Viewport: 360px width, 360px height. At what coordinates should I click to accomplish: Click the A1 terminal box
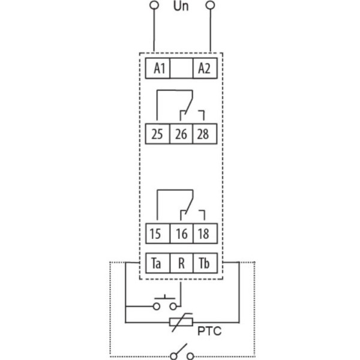159,68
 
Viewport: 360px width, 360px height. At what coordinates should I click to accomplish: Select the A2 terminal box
203,68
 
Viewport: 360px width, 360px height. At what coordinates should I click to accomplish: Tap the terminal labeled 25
158,133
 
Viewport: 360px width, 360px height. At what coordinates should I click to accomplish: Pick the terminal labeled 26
181,133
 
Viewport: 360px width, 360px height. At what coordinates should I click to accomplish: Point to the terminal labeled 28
203,133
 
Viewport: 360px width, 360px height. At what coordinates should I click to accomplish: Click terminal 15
158,233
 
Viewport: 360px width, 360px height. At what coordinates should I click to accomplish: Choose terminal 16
181,233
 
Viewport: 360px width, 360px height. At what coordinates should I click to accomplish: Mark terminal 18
203,233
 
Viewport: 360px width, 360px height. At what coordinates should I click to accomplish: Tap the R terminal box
181,262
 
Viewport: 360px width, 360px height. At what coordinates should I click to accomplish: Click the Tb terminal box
203,262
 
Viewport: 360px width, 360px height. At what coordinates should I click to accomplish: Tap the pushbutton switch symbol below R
166,302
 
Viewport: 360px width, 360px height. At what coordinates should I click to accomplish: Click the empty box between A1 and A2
181,68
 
